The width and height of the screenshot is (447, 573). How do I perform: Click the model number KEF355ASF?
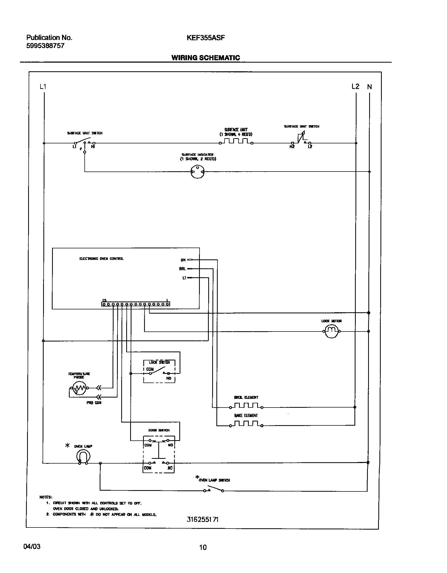pos(206,38)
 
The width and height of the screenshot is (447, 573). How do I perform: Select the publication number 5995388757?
pos(45,46)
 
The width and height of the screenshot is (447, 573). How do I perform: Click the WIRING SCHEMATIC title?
pos(206,58)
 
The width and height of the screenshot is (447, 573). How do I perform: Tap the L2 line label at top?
pos(355,87)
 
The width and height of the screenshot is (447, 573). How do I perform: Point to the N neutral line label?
pos(369,87)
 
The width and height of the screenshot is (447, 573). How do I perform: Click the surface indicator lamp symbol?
pos(197,172)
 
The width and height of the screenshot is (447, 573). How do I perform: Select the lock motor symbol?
pos(331,331)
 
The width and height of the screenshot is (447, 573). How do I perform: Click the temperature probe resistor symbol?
pos(79,388)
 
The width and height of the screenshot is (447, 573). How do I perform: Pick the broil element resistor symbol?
pos(246,405)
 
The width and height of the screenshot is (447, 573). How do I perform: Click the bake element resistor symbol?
pos(246,424)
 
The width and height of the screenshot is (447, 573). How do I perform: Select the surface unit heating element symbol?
pos(236,142)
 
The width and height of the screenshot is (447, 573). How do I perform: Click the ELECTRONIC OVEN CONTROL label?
pos(101,259)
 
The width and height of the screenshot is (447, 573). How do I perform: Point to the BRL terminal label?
pos(182,269)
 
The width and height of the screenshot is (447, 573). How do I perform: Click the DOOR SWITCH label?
pos(159,430)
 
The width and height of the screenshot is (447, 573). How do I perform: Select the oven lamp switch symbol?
pos(213,490)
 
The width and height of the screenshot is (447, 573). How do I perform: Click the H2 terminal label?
pos(292,147)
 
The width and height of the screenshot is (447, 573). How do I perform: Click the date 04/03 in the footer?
pos(32,547)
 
